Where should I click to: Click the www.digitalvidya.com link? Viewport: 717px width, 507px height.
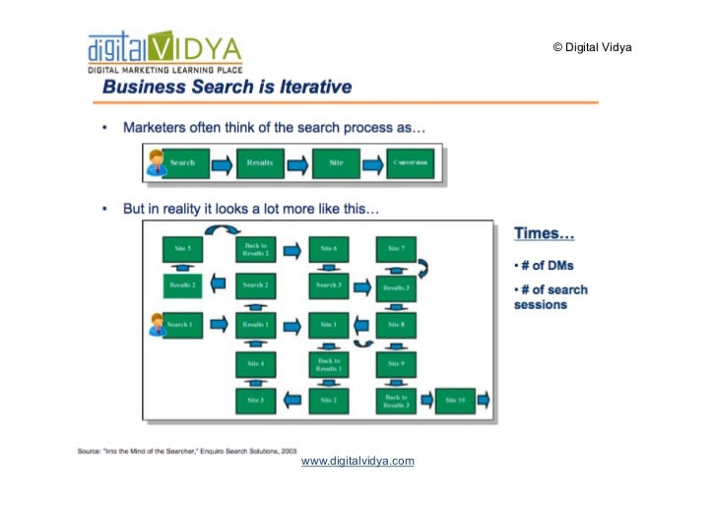(x=357, y=461)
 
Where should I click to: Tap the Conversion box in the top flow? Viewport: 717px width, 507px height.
(x=410, y=162)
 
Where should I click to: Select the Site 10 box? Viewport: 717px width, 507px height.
(x=455, y=400)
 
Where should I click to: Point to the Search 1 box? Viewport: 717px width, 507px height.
(x=182, y=324)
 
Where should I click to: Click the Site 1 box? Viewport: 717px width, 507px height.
(x=328, y=324)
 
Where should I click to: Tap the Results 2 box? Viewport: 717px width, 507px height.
(x=182, y=285)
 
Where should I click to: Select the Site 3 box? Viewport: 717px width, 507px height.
(x=255, y=400)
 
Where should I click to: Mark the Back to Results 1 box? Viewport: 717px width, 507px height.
(x=328, y=363)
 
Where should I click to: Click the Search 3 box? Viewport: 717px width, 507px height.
(x=328, y=285)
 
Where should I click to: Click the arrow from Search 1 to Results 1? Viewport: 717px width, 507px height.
(x=219, y=324)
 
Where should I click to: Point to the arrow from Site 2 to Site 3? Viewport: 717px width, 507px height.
(x=292, y=400)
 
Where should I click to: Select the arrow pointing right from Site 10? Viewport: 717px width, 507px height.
(x=484, y=400)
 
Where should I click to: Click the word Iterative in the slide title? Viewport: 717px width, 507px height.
(x=308, y=87)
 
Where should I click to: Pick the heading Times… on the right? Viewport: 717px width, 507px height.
(x=545, y=235)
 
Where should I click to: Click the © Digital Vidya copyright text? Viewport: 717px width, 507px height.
(x=591, y=47)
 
